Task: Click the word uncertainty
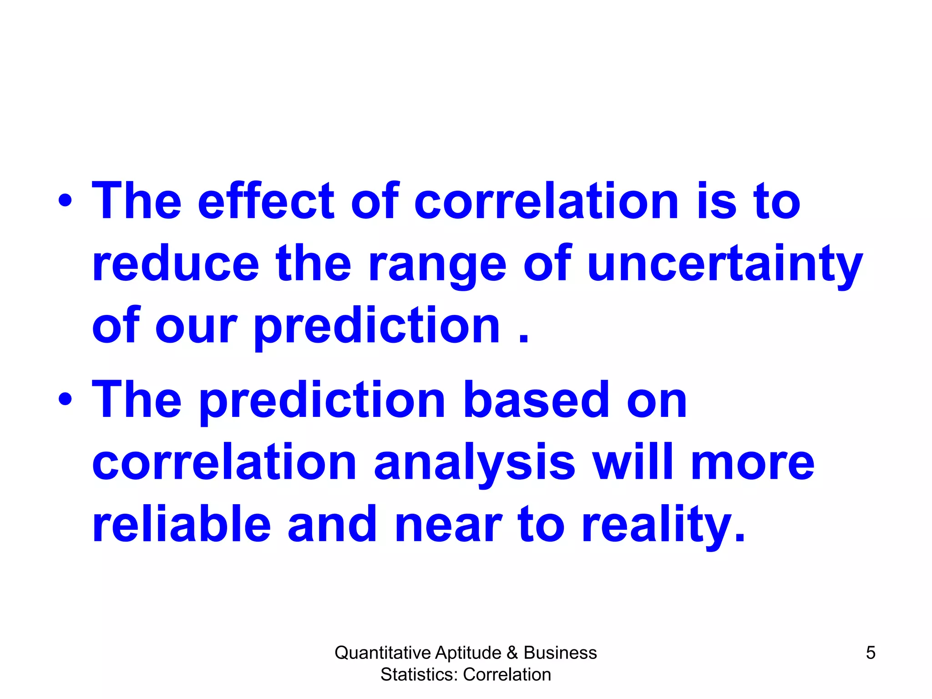coord(724,265)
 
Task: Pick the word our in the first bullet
coord(196,326)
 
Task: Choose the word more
coord(752,463)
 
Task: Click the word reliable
coord(181,524)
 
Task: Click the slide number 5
coord(870,653)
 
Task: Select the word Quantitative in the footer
coord(383,653)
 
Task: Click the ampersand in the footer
coord(512,653)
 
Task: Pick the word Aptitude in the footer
coord(468,653)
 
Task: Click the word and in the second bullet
coord(332,524)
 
